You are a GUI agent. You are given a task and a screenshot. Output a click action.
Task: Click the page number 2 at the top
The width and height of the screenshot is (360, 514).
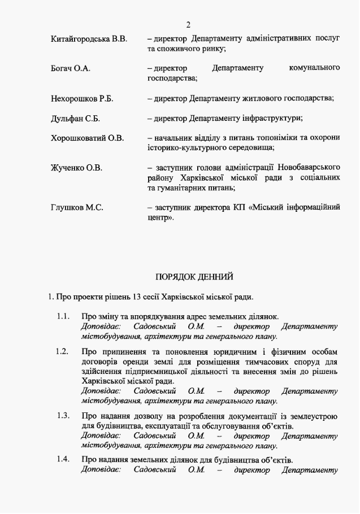(x=188, y=24)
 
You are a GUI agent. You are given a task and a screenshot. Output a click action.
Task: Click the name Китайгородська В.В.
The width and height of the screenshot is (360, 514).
(x=89, y=39)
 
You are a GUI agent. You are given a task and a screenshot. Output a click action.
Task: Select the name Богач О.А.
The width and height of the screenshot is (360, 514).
(x=71, y=69)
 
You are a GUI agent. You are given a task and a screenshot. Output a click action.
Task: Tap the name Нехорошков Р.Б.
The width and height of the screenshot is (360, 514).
(x=82, y=99)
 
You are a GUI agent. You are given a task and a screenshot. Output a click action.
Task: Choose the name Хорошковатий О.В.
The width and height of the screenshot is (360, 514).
(x=87, y=138)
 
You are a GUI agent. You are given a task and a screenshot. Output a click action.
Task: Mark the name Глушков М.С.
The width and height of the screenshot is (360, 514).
(x=77, y=207)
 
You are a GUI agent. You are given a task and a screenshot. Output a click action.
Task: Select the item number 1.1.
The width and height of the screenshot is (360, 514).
(x=63, y=316)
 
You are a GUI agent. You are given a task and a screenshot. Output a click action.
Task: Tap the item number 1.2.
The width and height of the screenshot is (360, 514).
(x=63, y=351)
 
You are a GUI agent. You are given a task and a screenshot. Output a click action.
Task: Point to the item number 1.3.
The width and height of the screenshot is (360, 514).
(x=63, y=416)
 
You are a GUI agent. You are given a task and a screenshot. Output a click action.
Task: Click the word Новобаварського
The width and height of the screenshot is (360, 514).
(x=309, y=168)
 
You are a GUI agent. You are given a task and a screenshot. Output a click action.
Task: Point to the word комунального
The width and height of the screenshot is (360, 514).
(x=314, y=69)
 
